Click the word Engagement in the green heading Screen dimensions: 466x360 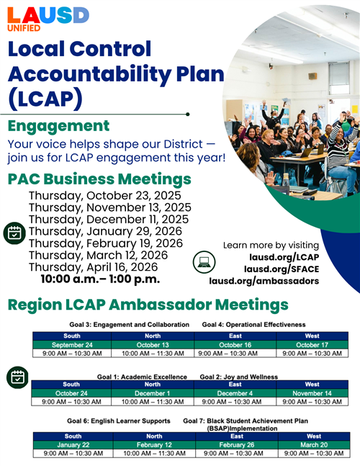[59, 126]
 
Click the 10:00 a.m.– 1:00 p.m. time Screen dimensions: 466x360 [100, 279]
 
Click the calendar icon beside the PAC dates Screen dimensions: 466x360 [14, 232]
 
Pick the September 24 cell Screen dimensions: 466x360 [72, 344]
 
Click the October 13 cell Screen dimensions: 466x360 [153, 344]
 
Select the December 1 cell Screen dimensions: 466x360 [153, 393]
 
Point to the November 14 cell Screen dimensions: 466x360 [312, 393]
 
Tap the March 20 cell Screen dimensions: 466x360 [314, 444]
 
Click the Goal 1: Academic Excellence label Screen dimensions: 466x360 [142, 377]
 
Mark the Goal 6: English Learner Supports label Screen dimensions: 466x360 [119, 420]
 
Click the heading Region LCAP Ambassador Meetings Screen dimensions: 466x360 [148, 305]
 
